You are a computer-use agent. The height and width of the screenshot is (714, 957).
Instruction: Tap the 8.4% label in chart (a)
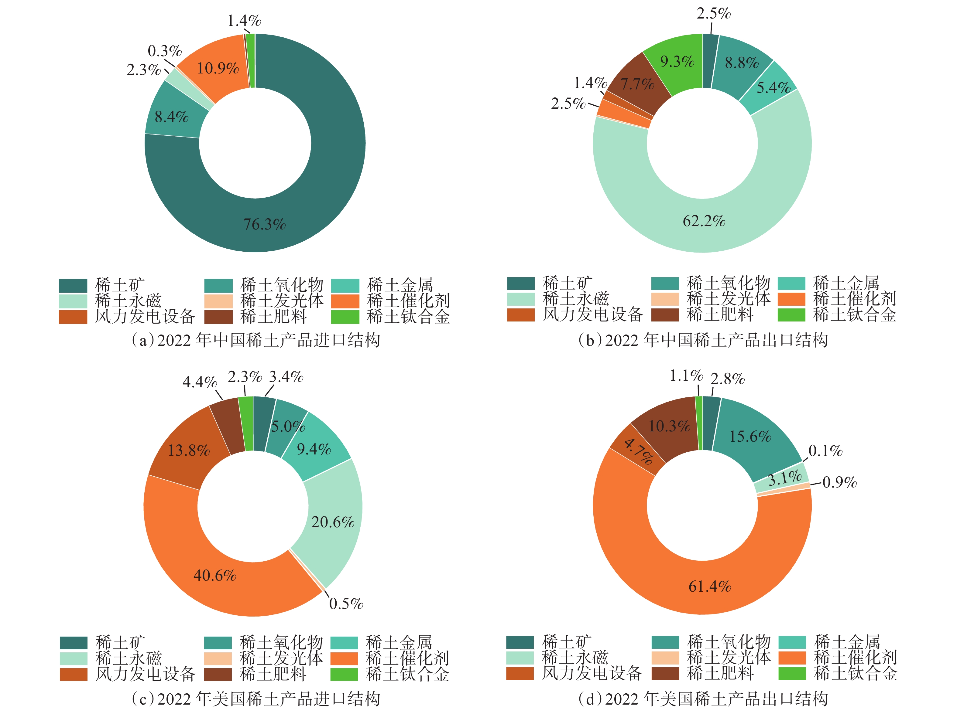[172, 117]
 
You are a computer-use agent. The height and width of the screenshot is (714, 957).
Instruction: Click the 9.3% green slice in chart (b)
[677, 62]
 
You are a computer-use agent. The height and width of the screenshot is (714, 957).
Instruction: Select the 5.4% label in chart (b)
[773, 88]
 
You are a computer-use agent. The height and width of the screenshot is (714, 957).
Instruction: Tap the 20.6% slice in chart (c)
[333, 522]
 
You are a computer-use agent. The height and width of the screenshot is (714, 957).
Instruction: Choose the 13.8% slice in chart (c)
[189, 451]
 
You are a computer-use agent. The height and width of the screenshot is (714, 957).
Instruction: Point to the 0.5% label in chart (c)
[346, 603]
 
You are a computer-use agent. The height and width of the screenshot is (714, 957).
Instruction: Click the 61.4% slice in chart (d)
[710, 586]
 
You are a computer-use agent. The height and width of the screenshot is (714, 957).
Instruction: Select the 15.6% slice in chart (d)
[750, 437]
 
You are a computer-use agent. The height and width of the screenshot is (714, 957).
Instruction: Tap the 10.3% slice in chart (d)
[669, 427]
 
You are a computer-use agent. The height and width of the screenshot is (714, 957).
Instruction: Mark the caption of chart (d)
[703, 699]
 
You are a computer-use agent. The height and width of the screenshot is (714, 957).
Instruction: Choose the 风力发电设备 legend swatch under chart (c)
[74, 674]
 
